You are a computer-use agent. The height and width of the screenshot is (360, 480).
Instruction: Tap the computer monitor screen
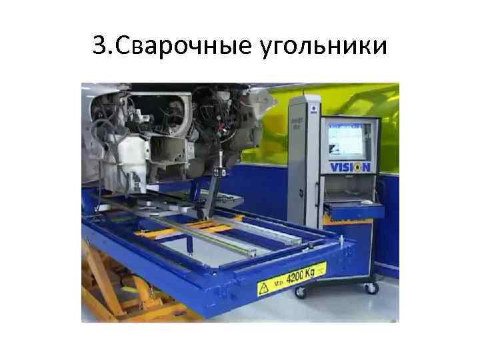click(x=347, y=138)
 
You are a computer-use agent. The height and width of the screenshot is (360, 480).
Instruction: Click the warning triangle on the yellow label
click(x=265, y=289)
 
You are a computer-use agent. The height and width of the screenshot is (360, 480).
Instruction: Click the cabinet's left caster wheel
click(x=299, y=292)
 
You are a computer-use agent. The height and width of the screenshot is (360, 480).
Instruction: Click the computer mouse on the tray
click(x=366, y=201)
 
